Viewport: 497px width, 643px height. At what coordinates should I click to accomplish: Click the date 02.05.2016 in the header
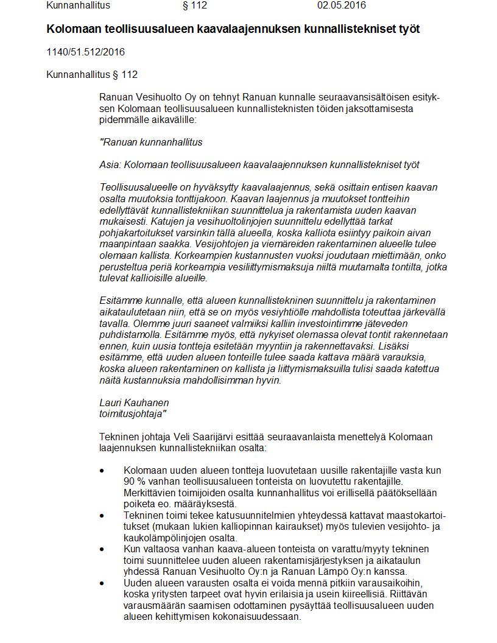point(341,5)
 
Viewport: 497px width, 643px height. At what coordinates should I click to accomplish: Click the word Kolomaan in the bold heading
point(72,29)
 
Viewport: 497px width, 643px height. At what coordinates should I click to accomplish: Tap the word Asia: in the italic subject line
point(110,164)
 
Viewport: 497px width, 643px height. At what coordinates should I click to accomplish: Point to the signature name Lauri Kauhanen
point(134,402)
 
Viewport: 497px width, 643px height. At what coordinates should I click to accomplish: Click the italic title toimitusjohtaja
point(133,413)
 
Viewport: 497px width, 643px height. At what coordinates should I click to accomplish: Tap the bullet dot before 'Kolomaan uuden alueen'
point(102,471)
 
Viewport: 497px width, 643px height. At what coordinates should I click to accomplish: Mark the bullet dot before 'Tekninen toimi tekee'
point(102,515)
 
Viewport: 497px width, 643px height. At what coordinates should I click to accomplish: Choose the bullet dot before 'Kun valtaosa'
point(102,549)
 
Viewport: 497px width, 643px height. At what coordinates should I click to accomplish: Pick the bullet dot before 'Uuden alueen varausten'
point(102,583)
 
